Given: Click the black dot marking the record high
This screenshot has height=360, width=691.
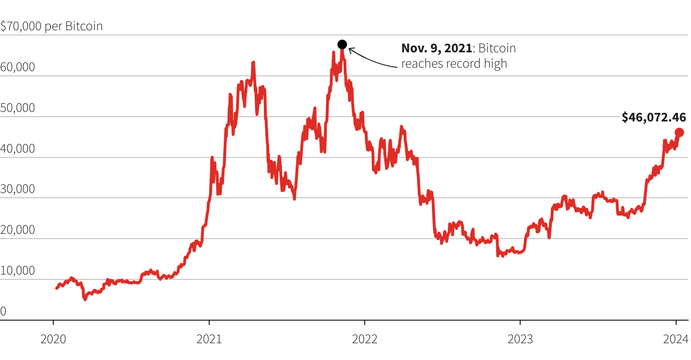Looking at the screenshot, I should click(342, 45).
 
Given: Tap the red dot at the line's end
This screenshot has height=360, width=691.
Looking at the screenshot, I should click(679, 132).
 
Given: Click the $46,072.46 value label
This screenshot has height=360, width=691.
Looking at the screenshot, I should click(654, 117).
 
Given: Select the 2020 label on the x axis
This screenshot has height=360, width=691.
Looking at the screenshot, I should click(53, 339).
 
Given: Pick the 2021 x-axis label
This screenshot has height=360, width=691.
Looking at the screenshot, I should click(209, 339).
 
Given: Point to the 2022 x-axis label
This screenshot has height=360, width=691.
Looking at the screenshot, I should click(365, 339).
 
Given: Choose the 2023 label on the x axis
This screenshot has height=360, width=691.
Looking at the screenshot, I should click(520, 339).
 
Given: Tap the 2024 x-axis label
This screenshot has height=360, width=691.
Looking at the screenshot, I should click(676, 339).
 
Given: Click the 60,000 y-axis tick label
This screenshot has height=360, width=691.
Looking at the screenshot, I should click(18, 67).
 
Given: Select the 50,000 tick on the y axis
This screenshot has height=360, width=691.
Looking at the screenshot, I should click(18, 108).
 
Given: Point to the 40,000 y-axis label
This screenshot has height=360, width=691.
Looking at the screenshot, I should click(18, 149).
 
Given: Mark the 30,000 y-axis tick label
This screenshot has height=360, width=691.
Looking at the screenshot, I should click(18, 189).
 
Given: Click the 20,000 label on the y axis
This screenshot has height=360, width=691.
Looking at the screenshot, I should click(18, 230).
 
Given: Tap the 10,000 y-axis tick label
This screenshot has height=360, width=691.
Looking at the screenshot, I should click(18, 271).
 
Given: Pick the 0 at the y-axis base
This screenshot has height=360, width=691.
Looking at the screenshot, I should click(3, 312).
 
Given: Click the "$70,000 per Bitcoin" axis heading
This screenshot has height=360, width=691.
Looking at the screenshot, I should click(51, 26).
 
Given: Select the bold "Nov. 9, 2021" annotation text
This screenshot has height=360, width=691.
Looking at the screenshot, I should click(436, 48).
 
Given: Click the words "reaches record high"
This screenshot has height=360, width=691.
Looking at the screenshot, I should click(454, 63).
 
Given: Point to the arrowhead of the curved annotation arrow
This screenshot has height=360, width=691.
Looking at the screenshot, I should click(350, 49).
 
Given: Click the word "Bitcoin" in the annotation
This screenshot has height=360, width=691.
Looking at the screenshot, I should click(497, 48).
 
